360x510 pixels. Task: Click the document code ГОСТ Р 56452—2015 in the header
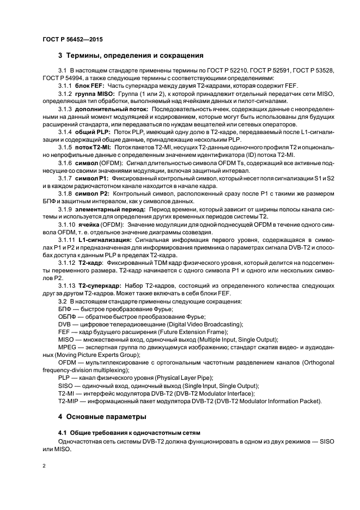coord(72,40)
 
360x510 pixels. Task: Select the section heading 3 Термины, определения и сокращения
coord(131,55)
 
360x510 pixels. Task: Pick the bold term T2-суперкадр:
coord(101,285)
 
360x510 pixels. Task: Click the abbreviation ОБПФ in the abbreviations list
coord(67,317)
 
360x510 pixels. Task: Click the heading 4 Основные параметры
coord(103,417)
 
